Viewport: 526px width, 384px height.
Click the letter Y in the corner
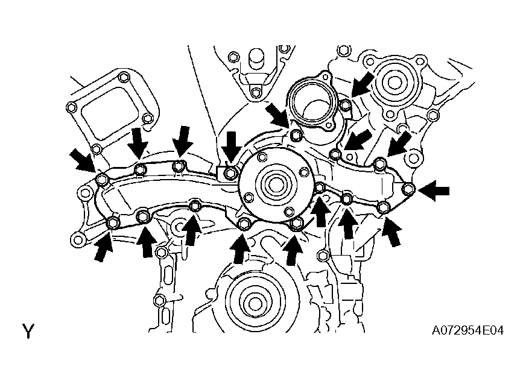pyautogui.click(x=28, y=331)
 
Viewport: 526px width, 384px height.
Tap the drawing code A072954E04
pyautogui.click(x=467, y=331)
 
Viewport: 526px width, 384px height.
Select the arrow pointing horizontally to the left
pyautogui.click(x=434, y=191)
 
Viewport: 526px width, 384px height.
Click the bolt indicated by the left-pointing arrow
pyautogui.click(x=408, y=189)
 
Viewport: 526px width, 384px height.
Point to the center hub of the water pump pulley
pyautogui.click(x=275, y=183)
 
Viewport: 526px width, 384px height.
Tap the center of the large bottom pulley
pyautogui.click(x=255, y=303)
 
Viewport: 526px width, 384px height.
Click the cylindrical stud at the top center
pyautogui.click(x=256, y=60)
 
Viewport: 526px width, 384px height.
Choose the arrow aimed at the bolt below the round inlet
pyautogui.click(x=277, y=115)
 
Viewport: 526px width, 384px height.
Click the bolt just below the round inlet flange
pyautogui.click(x=295, y=134)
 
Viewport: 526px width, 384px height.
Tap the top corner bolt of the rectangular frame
pyautogui.click(x=124, y=77)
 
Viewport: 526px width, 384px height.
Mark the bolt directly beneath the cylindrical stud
pyautogui.click(x=256, y=93)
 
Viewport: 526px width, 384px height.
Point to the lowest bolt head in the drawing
pyautogui.click(x=159, y=300)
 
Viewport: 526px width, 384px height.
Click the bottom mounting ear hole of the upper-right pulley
pyautogui.click(x=390, y=115)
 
